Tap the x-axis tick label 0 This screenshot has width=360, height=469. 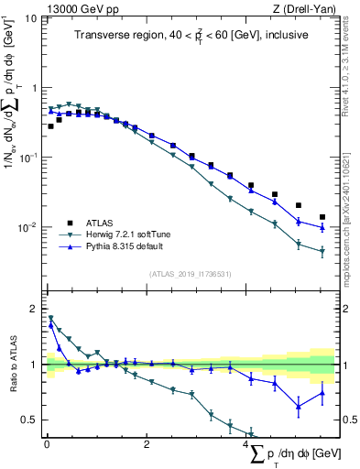(47, 446)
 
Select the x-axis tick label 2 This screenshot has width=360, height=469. (147, 446)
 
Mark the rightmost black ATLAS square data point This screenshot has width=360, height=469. (322, 217)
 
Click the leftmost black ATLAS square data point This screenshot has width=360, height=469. (50, 126)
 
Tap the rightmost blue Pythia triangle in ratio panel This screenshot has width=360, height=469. (322, 393)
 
